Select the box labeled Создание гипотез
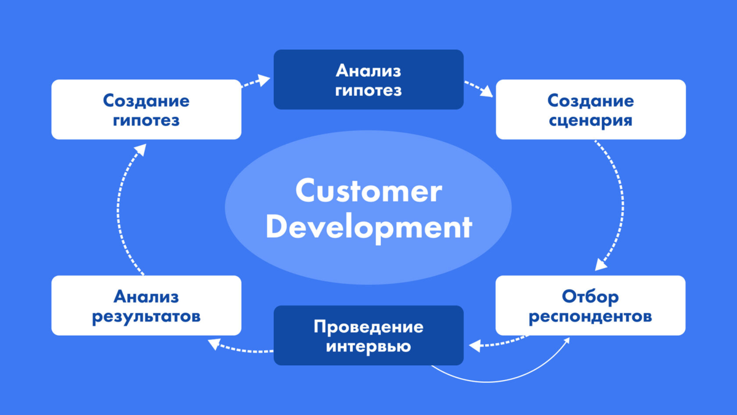tap(146, 109)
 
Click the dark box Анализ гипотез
tap(368, 80)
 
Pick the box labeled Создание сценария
tap(590, 109)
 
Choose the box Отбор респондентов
tap(590, 306)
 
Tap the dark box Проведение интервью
tap(368, 335)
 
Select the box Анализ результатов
tap(146, 306)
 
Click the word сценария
tap(590, 119)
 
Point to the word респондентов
tap(590, 316)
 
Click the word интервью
tap(368, 346)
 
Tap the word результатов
tap(146, 316)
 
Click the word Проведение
tap(368, 325)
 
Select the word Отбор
tap(590, 296)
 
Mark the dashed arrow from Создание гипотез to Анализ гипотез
tap(256, 81)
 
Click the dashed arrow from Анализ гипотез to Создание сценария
tap(478, 87)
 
